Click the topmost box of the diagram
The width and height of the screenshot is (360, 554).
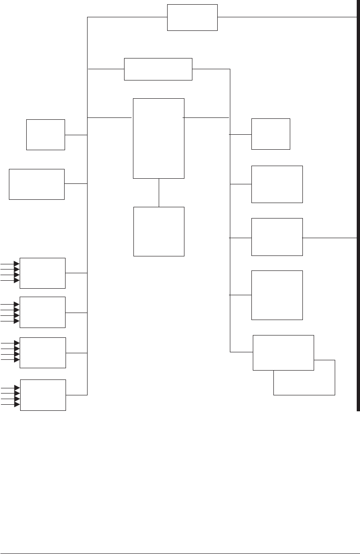[192, 18]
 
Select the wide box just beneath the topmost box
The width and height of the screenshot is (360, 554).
[158, 69]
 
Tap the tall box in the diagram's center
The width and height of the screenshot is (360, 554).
[159, 138]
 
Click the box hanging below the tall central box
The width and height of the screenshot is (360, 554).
[159, 231]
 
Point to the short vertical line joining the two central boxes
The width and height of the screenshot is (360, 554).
[159, 192]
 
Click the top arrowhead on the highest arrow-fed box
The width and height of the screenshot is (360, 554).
[17, 263]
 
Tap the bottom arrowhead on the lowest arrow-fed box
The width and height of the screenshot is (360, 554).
[17, 404]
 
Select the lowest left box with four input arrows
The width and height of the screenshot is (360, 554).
[43, 395]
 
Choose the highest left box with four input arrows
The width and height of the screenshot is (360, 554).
[43, 273]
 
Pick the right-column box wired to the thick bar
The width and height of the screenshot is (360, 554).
[277, 237]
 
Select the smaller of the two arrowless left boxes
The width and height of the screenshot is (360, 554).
[45, 135]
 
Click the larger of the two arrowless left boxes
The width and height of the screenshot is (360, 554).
[37, 184]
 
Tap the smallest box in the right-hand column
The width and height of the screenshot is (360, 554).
[271, 134]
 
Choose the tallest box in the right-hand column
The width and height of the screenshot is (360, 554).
[277, 295]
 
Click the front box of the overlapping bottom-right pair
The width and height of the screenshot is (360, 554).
[283, 352]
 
